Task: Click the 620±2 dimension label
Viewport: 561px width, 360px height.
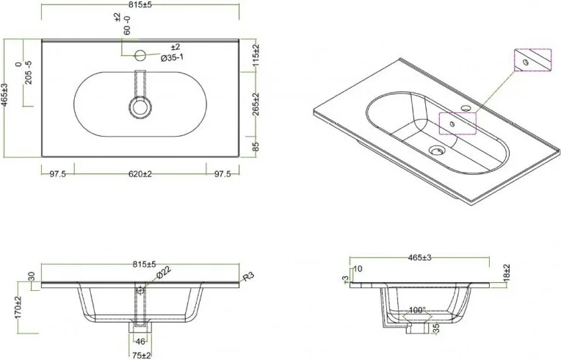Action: (139, 174)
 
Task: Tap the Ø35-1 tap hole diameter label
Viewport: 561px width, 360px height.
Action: (160, 57)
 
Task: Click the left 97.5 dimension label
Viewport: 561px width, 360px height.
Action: (58, 174)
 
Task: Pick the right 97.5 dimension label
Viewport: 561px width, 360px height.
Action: (221, 174)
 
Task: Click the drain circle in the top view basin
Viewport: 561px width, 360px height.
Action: (140, 107)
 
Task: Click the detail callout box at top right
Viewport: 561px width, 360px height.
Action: (531, 62)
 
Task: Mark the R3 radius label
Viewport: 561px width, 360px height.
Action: (249, 277)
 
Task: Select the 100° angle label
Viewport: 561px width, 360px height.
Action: (418, 311)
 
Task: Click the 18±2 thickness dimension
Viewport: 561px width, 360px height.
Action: (507, 273)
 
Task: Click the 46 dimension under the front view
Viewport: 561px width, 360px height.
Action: (140, 342)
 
